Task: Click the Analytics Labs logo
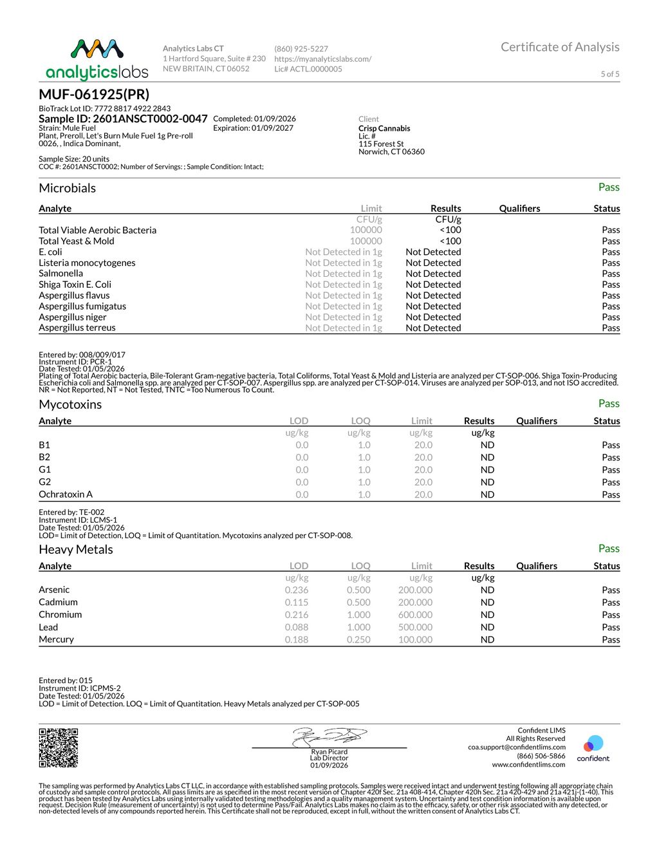pyautogui.click(x=97, y=59)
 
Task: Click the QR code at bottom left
pyautogui.click(x=59, y=747)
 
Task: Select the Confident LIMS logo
pyautogui.click(x=593, y=749)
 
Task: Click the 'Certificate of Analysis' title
pyautogui.click(x=560, y=47)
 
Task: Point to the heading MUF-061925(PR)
pyautogui.click(x=94, y=94)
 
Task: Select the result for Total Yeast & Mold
pyautogui.click(x=450, y=241)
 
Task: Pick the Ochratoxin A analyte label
pyautogui.click(x=66, y=494)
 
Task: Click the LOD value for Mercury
pyautogui.click(x=297, y=639)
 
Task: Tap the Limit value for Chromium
pyautogui.click(x=415, y=615)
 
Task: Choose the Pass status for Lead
pyautogui.click(x=611, y=627)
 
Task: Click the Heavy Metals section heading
pyautogui.click(x=76, y=549)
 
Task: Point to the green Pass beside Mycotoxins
pyautogui.click(x=609, y=404)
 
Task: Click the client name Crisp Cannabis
pyautogui.click(x=384, y=128)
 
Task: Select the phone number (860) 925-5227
pyautogui.click(x=301, y=49)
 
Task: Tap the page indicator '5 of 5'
pyautogui.click(x=610, y=74)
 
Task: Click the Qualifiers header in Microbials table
pyautogui.click(x=519, y=209)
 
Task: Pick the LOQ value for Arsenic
pyautogui.click(x=358, y=590)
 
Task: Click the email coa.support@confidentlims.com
pyautogui.click(x=517, y=747)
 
